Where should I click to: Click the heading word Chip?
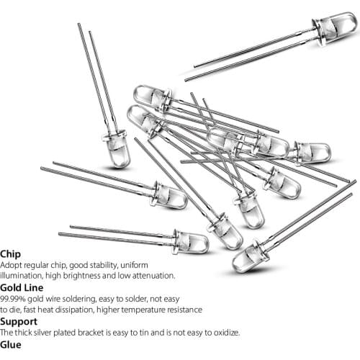click(10, 254)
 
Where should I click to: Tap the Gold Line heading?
click(22, 287)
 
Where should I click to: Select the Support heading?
click(19, 322)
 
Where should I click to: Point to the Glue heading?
click(11, 345)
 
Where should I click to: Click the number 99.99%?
click(13, 299)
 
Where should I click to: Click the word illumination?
click(21, 276)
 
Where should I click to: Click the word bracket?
click(91, 333)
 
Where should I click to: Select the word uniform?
click(134, 265)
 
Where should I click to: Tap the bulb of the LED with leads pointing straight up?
click(117, 149)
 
